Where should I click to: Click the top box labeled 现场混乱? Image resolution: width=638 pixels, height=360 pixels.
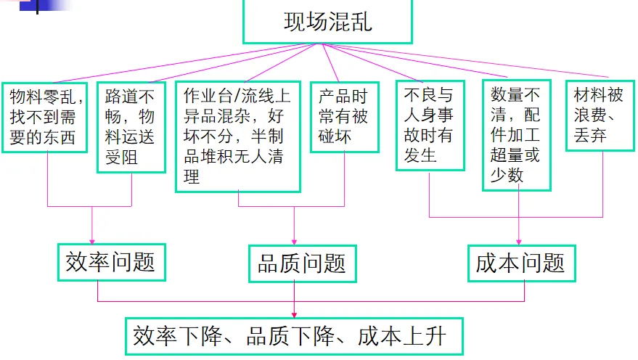[x=327, y=22]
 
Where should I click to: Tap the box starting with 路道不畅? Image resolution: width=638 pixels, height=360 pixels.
[x=131, y=126]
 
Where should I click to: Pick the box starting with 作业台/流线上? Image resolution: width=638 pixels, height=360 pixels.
[x=238, y=136]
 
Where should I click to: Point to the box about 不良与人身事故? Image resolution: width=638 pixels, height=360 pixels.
[x=430, y=125]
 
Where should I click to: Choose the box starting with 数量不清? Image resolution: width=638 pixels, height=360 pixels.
[x=516, y=135]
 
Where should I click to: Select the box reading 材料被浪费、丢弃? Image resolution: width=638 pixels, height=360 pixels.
[x=598, y=115]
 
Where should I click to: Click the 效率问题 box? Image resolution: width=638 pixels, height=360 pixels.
[x=111, y=262]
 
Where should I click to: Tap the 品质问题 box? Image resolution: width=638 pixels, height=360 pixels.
[x=302, y=263]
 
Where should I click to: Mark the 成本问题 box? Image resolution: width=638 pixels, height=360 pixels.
[x=520, y=263]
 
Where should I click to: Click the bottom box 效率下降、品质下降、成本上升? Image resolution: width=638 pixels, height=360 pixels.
[x=293, y=336]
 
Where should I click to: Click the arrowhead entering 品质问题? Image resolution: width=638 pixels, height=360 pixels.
[x=293, y=241]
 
